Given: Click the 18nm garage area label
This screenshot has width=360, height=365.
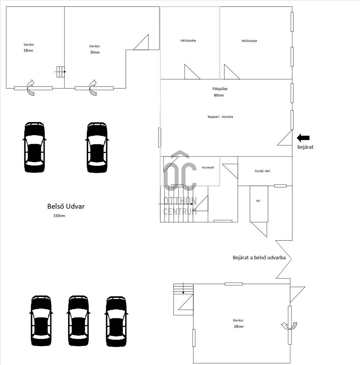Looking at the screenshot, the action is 28,50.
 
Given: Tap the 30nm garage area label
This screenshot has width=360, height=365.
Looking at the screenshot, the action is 95,52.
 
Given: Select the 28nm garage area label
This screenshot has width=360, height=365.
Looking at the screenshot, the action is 239,327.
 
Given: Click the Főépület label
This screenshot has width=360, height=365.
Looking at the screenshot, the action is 220,89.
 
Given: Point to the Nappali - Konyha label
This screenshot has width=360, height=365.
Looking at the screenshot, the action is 220,117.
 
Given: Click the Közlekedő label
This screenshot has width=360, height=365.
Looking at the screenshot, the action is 208,168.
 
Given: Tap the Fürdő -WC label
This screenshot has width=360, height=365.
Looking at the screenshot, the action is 263,171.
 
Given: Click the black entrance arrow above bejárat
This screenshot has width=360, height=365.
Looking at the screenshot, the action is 303,138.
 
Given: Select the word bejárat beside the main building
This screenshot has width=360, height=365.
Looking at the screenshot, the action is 305,147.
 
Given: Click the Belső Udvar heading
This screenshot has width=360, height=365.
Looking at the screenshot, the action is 66,206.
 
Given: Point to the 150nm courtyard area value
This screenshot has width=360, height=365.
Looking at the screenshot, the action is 59,216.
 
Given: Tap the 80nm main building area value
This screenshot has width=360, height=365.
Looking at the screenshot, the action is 219,95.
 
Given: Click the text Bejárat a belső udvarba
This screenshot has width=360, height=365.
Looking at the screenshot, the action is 259,258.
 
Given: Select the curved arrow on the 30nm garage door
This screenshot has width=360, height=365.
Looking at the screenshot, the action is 93,88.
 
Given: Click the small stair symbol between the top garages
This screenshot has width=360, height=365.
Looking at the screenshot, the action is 61,72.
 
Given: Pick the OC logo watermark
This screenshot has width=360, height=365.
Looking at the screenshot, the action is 180,183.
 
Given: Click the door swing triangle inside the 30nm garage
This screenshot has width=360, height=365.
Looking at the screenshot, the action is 141,42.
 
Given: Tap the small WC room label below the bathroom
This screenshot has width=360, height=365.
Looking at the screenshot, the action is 258,201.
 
